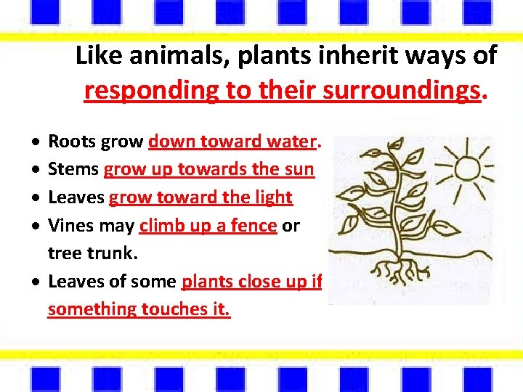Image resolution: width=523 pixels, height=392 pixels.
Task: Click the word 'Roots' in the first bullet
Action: pos(72,142)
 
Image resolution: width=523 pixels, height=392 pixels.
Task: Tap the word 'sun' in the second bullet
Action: pos(300,169)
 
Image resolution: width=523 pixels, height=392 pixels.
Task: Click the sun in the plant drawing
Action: pos(465,169)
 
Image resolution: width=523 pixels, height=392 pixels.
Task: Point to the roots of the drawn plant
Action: pos(396,269)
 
